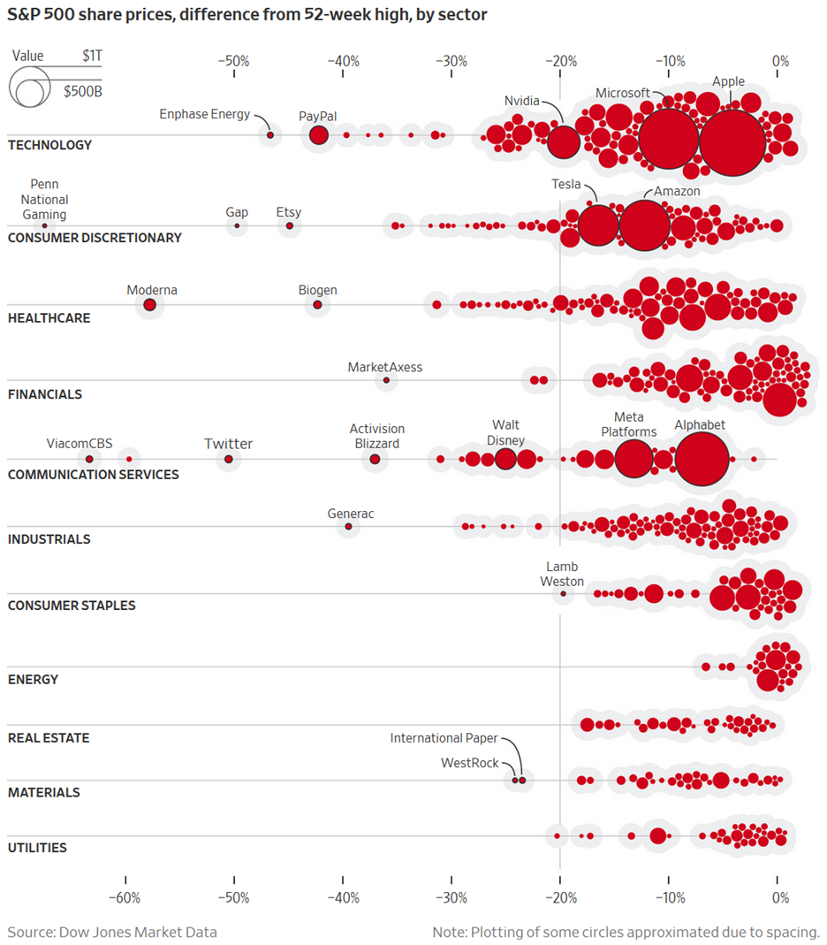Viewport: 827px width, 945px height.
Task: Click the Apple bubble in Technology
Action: click(x=732, y=143)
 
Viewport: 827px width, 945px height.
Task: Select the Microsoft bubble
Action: click(x=669, y=139)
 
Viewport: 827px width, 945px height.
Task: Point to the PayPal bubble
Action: click(x=319, y=135)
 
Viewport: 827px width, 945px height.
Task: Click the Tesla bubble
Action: click(x=598, y=225)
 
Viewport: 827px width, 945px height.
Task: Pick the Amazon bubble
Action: click(x=645, y=225)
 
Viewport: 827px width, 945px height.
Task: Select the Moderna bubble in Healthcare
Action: click(x=150, y=305)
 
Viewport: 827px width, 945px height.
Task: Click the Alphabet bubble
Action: click(x=702, y=460)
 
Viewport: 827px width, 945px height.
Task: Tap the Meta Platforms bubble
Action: click(x=633, y=459)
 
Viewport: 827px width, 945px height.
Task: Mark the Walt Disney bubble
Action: click(x=505, y=459)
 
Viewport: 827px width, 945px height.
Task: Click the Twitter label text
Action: click(x=228, y=444)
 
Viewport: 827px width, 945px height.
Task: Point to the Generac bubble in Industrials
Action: click(x=348, y=527)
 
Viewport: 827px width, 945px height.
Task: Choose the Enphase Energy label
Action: click(x=204, y=114)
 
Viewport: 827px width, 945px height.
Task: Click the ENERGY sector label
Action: click(x=33, y=680)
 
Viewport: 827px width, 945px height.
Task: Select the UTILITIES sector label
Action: click(x=37, y=848)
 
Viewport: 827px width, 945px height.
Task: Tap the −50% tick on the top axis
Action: click(x=233, y=62)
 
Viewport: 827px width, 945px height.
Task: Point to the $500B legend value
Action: click(x=82, y=91)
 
